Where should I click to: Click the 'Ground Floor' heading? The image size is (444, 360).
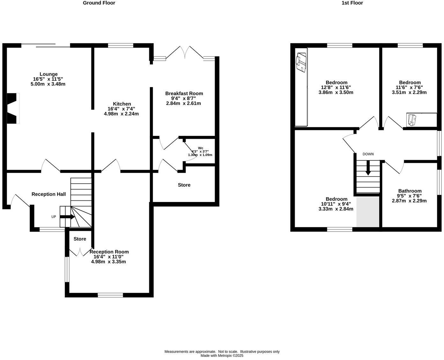point(99,3)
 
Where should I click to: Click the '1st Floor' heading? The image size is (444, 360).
point(352,3)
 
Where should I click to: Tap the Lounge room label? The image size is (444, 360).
point(48,74)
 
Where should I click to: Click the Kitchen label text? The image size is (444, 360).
point(122,104)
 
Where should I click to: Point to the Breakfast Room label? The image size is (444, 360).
point(184,94)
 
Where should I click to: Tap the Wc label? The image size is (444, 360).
point(201,148)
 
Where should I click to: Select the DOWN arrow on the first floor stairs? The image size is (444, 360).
point(368,168)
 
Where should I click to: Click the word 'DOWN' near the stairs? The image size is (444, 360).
point(368,154)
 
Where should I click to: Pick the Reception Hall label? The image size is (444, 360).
point(48,194)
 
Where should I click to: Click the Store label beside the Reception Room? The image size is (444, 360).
point(80,239)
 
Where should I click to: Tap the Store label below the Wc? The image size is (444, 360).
point(184,185)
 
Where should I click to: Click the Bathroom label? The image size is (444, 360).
point(410,191)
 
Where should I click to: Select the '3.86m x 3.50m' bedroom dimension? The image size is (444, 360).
point(336,93)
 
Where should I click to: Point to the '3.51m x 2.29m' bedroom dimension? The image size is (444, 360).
point(409,93)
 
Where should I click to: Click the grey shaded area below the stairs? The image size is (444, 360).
point(368,212)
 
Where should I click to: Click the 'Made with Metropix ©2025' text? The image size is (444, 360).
point(222,356)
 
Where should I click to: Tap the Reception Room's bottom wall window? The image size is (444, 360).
point(110,295)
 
